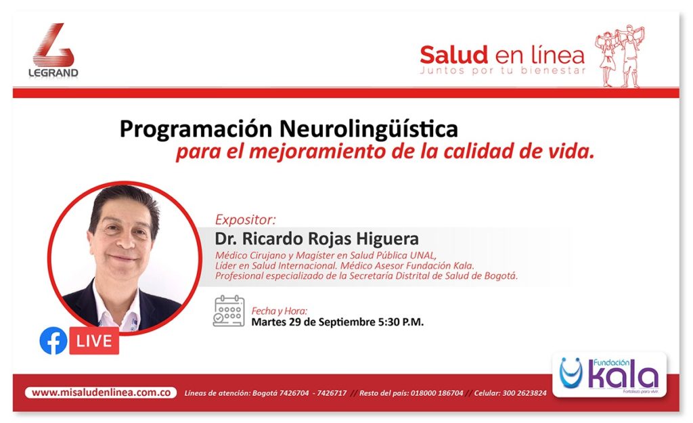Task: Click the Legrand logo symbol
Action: [53, 45]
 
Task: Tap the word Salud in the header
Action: [453, 55]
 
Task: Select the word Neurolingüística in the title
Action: [369, 129]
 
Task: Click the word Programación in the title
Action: [196, 130]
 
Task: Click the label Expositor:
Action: [245, 220]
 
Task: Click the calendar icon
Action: [229, 311]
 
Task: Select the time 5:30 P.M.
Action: [401, 321]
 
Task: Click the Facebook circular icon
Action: [53, 341]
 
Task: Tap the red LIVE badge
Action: [94, 341]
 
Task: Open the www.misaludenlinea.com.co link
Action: [102, 393]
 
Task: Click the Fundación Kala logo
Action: [609, 374]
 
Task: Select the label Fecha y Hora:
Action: [280, 311]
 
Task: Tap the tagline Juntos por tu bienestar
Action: [503, 70]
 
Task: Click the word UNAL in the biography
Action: [423, 255]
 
